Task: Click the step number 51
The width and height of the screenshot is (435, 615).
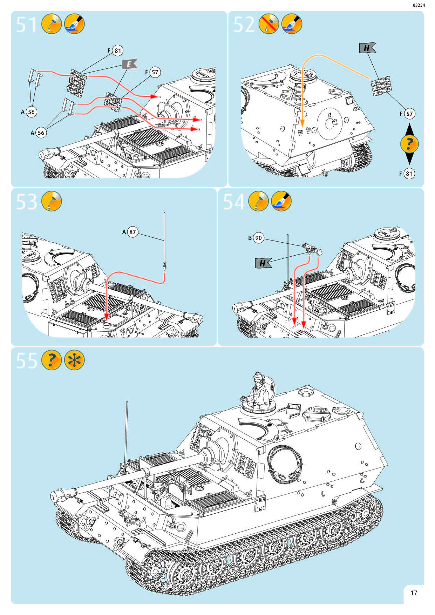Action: [x=26, y=25]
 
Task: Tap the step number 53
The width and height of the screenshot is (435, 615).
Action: [x=26, y=202]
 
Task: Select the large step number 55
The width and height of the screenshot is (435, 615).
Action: [x=26, y=360]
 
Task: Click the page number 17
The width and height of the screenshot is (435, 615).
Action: [x=414, y=593]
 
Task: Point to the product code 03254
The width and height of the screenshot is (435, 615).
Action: [x=419, y=5]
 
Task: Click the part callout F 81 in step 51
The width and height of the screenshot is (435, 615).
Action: [x=115, y=50]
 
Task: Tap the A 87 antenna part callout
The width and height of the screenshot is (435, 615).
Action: [x=130, y=232]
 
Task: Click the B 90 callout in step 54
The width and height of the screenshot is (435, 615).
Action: [x=256, y=238]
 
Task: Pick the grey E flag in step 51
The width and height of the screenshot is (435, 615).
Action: [x=129, y=64]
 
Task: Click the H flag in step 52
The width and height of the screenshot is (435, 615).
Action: [x=367, y=48]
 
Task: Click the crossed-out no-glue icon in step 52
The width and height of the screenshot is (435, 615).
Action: [x=269, y=24]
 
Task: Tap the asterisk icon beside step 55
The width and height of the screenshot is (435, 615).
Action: [x=74, y=360]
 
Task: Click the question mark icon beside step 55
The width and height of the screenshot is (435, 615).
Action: [x=52, y=360]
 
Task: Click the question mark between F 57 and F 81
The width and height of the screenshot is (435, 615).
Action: [x=409, y=143]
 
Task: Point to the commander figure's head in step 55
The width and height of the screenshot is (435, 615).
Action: [x=259, y=379]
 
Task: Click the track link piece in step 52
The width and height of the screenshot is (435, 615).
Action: [x=381, y=87]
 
